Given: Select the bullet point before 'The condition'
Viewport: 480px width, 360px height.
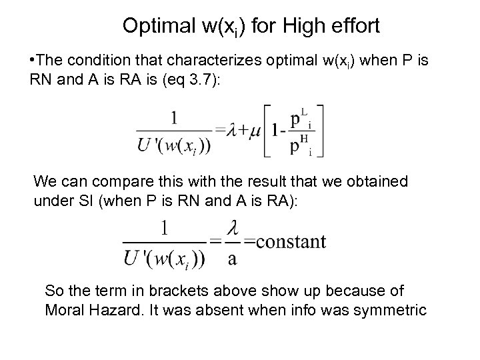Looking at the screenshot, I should click(x=32, y=61).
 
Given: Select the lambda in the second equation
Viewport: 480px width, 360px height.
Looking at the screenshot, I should click(x=231, y=230).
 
